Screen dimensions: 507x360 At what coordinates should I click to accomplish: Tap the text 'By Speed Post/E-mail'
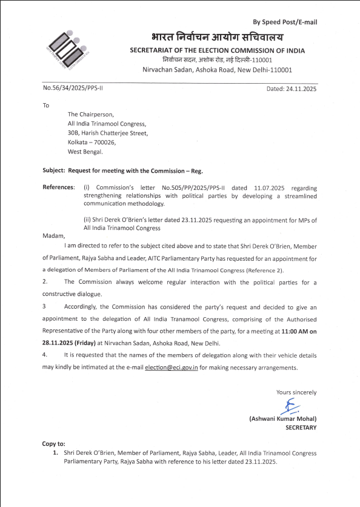[285, 22]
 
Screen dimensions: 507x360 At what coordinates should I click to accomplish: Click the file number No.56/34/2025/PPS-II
[73, 89]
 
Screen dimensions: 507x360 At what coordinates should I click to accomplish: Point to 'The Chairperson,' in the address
[90, 114]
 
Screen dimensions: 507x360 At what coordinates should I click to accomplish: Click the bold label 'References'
[58, 187]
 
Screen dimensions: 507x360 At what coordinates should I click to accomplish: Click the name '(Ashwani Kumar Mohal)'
[282, 419]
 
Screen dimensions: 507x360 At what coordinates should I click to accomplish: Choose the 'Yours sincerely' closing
[296, 392]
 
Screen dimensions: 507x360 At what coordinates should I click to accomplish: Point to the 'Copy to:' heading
[54, 444]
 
